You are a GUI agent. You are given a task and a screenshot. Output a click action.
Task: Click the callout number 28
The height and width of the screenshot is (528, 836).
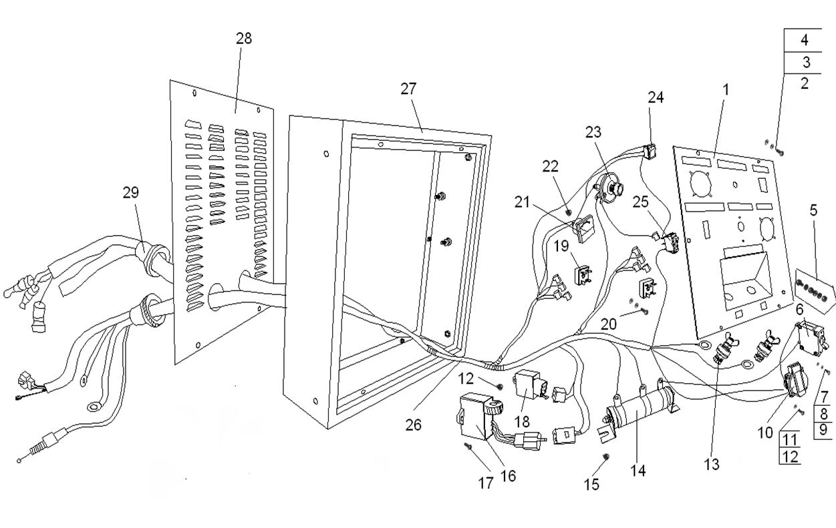[244, 38]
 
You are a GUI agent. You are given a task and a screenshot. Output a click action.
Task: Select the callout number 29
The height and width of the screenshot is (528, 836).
[130, 193]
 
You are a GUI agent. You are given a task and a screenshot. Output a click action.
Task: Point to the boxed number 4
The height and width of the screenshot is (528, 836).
[804, 40]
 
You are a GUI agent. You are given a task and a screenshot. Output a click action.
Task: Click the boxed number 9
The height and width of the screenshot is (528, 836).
[823, 429]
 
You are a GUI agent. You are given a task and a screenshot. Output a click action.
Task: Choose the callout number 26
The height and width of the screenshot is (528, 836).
[414, 425]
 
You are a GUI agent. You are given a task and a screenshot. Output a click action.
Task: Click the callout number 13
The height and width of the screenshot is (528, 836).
[711, 465]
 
